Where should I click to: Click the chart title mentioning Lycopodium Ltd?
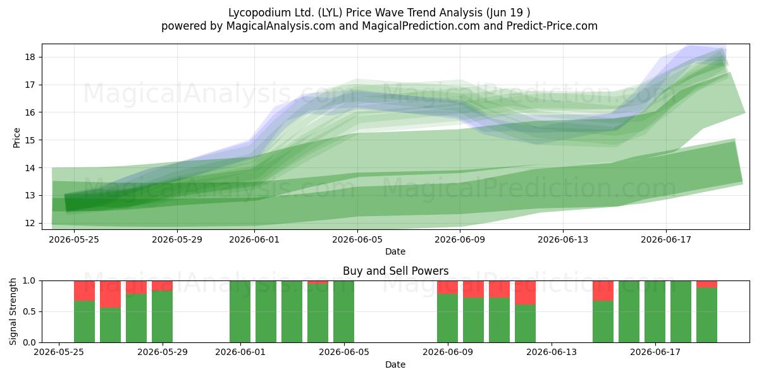[x=379, y=13]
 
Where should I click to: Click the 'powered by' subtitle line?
[x=379, y=26]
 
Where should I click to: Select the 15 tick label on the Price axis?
[x=30, y=140]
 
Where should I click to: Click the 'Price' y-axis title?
[x=16, y=138]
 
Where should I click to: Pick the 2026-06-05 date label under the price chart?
[x=357, y=239]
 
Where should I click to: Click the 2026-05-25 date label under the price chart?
[x=74, y=239]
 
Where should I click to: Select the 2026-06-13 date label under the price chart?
[x=563, y=239]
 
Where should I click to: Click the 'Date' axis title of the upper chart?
[x=395, y=251]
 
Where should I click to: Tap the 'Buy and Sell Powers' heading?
[x=395, y=271]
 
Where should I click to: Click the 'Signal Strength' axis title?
[x=13, y=311]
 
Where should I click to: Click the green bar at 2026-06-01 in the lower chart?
[x=240, y=311]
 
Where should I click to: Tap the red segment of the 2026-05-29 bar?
[x=162, y=286]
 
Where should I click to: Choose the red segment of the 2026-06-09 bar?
[x=447, y=287]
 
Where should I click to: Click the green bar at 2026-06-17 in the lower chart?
[x=655, y=311]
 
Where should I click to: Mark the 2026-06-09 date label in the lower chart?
[x=448, y=352]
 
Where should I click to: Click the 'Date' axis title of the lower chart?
[x=395, y=364]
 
